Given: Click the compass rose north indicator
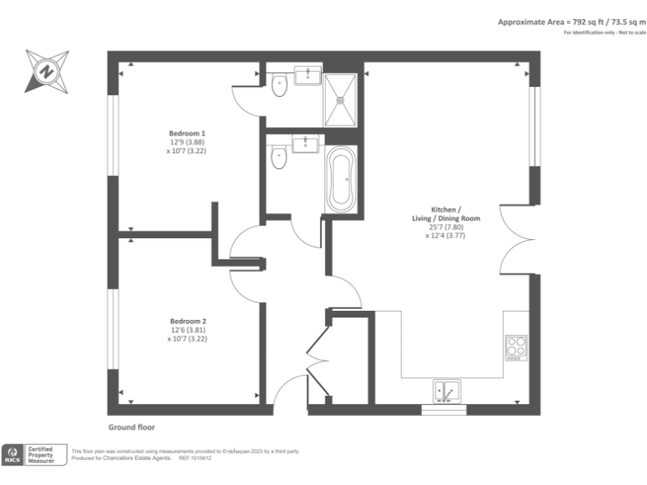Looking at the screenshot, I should (46, 70).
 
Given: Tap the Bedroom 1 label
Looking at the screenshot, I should (186, 134).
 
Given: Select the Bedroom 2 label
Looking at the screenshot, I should (188, 321).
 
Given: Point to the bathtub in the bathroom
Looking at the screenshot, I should (342, 179).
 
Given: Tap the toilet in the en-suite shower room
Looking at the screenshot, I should (281, 83).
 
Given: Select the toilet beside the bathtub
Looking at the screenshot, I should (281, 157).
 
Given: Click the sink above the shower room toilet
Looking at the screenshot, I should (305, 74).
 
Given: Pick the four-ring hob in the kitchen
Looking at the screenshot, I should (516, 348).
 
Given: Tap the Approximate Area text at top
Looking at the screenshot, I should (571, 22).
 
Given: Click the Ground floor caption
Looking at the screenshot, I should (131, 428).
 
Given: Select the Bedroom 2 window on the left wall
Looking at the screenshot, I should (112, 329).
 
